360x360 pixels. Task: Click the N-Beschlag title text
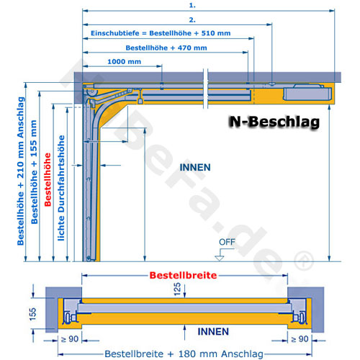click(x=274, y=122)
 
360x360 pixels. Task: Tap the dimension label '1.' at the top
click(x=192, y=5)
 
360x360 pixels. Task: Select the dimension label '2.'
click(x=192, y=20)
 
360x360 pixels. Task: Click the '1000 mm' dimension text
click(x=124, y=62)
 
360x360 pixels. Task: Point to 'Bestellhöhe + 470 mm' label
click(x=166, y=48)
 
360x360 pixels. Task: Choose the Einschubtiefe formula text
click(x=161, y=33)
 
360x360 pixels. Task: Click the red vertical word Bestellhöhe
click(x=48, y=179)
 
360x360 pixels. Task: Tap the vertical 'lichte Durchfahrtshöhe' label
click(x=61, y=188)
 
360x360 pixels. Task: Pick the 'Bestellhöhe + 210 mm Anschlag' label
click(x=21, y=171)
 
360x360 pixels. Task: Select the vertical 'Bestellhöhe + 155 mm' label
click(x=34, y=172)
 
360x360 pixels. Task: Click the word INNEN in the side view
click(x=195, y=167)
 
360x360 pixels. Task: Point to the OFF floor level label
click(x=227, y=242)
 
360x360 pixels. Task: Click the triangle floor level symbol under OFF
click(x=220, y=258)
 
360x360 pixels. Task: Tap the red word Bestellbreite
click(x=183, y=275)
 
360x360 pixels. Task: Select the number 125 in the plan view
click(x=177, y=289)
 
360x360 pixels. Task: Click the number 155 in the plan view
click(x=32, y=314)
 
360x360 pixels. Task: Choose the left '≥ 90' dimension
click(x=70, y=339)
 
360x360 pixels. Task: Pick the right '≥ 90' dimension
click(x=300, y=339)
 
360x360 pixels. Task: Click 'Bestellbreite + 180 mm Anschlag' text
click(x=184, y=354)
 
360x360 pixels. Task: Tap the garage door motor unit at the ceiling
click(x=307, y=93)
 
